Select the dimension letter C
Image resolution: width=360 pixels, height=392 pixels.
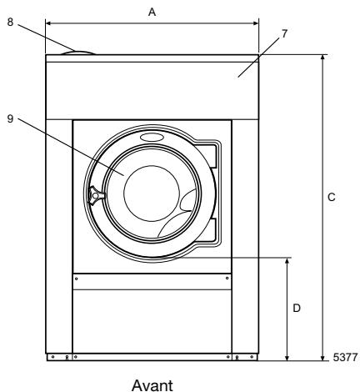332,198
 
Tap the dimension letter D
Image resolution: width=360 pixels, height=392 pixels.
297,308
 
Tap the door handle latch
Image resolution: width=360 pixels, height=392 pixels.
96,195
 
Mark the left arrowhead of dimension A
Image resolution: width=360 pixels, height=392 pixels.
47,23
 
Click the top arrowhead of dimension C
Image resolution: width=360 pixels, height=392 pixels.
322,58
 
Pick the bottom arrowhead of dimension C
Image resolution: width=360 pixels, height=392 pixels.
322,359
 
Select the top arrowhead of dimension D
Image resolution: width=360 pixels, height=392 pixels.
288,259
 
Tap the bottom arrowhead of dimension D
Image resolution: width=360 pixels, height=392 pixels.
288,359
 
